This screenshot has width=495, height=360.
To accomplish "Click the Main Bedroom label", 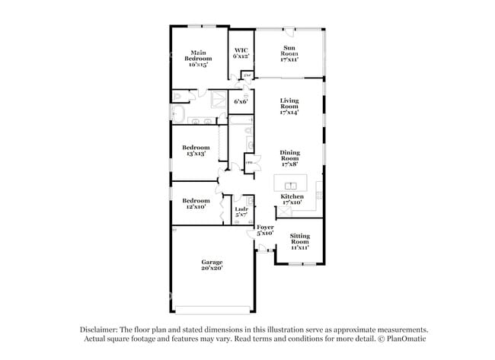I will pyautogui.click(x=198, y=59).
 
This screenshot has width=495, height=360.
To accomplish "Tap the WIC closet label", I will pyautogui.click(x=241, y=53).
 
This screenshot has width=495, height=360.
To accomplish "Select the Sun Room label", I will pyautogui.click(x=289, y=55).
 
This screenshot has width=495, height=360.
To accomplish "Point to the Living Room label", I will pyautogui.click(x=289, y=106).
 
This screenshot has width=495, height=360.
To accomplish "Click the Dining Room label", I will pyautogui.click(x=289, y=157).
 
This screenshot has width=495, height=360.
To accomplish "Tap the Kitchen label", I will pyautogui.click(x=292, y=199).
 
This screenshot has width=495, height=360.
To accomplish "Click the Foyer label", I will pyautogui.click(x=264, y=230).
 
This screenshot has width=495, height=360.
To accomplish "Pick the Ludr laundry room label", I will pyautogui.click(x=241, y=212).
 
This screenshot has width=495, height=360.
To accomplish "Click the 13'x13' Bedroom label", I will pyautogui.click(x=196, y=151).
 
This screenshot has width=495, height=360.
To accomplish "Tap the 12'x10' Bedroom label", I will pyautogui.click(x=195, y=203).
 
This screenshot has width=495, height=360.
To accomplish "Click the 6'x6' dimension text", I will pyautogui.click(x=241, y=101).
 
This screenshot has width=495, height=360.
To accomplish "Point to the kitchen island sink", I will pyautogui.click(x=291, y=186).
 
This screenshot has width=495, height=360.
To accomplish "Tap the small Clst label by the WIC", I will pyautogui.click(x=247, y=75).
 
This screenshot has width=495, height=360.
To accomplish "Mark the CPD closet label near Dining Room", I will pyautogui.click(x=249, y=162).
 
